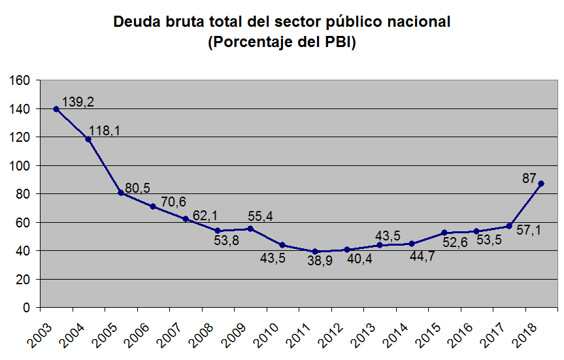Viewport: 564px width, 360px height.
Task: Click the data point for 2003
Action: click(x=56, y=109)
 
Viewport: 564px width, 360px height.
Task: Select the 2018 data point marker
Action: click(x=541, y=184)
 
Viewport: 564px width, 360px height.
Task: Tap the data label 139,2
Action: click(x=78, y=102)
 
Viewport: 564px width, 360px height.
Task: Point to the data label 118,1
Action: click(x=105, y=131)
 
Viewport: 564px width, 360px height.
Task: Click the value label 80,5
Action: click(x=137, y=188)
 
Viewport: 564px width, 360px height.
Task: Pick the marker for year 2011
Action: click(x=315, y=252)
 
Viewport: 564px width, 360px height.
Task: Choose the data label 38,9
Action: click(x=320, y=261)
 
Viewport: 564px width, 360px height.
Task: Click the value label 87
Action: click(x=529, y=178)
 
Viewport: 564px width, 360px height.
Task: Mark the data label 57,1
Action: click(x=529, y=230)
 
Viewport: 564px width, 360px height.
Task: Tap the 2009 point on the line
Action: click(x=250, y=229)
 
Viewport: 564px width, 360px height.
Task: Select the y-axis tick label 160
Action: click(x=18, y=80)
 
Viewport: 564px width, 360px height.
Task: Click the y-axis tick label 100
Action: click(x=18, y=166)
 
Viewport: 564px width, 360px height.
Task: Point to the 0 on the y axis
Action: click(x=26, y=308)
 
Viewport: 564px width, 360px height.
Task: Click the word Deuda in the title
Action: click(x=137, y=22)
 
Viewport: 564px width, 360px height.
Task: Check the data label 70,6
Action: click(x=173, y=202)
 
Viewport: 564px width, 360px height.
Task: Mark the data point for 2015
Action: click(x=444, y=233)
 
